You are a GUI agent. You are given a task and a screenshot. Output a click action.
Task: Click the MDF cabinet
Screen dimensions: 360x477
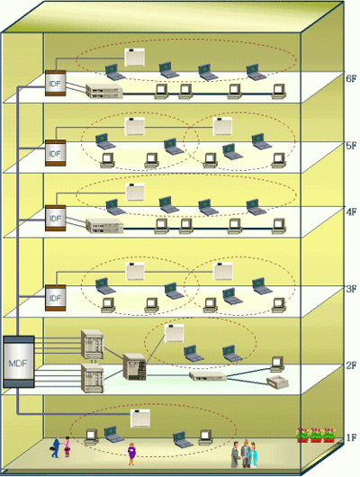pos(19,362)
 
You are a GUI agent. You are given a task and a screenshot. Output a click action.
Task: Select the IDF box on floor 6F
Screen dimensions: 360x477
pos(56,83)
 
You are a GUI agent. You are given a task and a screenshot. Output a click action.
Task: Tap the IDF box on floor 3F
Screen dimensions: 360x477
pos(56,298)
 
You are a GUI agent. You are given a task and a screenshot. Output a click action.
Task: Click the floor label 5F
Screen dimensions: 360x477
pos(351,146)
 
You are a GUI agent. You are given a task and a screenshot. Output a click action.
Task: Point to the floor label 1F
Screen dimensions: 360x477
pos(351,438)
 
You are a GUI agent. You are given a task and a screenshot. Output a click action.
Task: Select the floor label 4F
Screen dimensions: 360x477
pos(351,211)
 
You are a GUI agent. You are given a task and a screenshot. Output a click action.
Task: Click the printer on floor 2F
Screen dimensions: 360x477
pos(277,382)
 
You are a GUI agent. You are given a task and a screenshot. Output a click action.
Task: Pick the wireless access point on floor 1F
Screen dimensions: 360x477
pos(140,418)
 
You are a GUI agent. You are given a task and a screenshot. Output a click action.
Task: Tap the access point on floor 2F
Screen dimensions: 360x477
pos(174,333)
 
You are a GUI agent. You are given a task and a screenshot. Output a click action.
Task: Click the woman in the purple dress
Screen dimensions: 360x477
pos(131,454)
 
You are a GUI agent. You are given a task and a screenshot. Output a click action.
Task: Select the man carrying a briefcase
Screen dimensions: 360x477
pos(56,447)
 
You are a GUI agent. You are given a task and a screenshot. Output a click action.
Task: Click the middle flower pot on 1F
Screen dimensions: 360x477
pos(316,435)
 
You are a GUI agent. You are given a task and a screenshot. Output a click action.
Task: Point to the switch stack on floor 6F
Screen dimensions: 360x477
pos(104,91)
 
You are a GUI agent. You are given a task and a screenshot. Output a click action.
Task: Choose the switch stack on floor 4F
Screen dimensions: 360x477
pos(104,226)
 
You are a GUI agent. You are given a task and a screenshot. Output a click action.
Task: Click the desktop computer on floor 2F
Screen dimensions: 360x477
pos(277,364)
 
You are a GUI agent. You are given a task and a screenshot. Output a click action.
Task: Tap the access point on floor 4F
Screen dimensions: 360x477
pos(135,192)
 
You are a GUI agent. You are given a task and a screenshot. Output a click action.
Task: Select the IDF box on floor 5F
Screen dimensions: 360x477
pos(56,153)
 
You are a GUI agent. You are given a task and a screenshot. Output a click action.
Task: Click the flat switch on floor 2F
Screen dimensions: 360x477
pos(208,376)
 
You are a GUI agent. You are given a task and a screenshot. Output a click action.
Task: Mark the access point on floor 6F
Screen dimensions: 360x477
pos(134,57)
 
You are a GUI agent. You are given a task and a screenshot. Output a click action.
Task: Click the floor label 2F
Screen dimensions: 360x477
pos(351,365)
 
